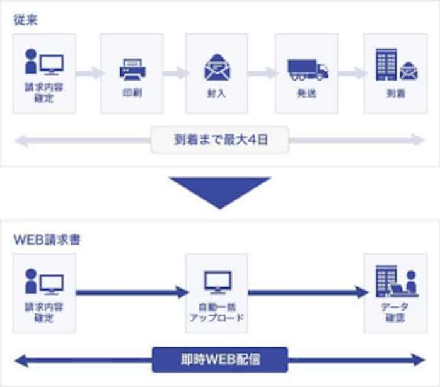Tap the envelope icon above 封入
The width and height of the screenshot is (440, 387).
217,67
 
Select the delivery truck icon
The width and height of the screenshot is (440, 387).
307,67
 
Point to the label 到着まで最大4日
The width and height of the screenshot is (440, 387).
220,139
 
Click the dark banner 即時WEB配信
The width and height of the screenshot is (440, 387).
220,360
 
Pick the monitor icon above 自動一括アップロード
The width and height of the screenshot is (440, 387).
217,281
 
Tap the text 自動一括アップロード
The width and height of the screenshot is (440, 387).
217,312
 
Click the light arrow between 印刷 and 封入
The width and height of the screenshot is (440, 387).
175,72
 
